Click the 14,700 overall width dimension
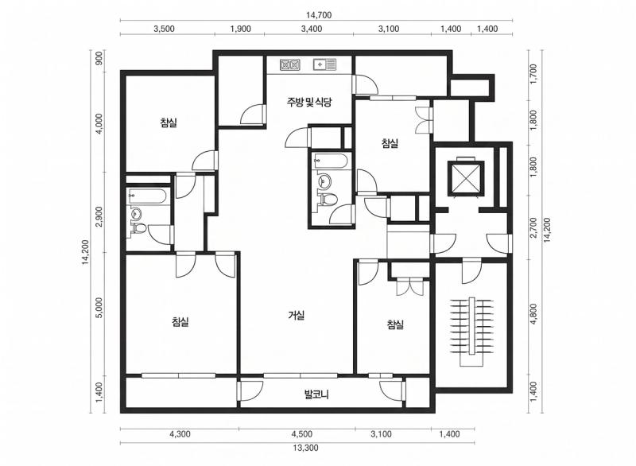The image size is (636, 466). coord(319,15)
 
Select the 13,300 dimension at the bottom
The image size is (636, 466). coord(305,448)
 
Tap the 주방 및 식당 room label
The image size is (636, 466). coord(309,102)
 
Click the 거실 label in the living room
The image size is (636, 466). coord(297,315)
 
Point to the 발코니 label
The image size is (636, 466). coord(316,394)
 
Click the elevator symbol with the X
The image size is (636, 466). coord(466,178)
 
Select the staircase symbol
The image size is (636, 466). coord(471,332)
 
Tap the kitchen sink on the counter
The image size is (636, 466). coord(325,64)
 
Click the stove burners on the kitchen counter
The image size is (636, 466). coord(289,65)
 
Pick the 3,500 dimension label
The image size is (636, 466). coord(165,29)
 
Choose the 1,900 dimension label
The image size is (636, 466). coord(241,29)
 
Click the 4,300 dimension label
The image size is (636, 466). coord(180,434)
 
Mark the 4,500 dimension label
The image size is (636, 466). coord(302,434)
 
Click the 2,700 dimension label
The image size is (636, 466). coord(533,228)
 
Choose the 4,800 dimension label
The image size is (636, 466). coord(533,314)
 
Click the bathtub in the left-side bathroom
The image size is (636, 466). coord(147,196)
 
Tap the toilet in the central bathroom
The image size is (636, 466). coord(329,200)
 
